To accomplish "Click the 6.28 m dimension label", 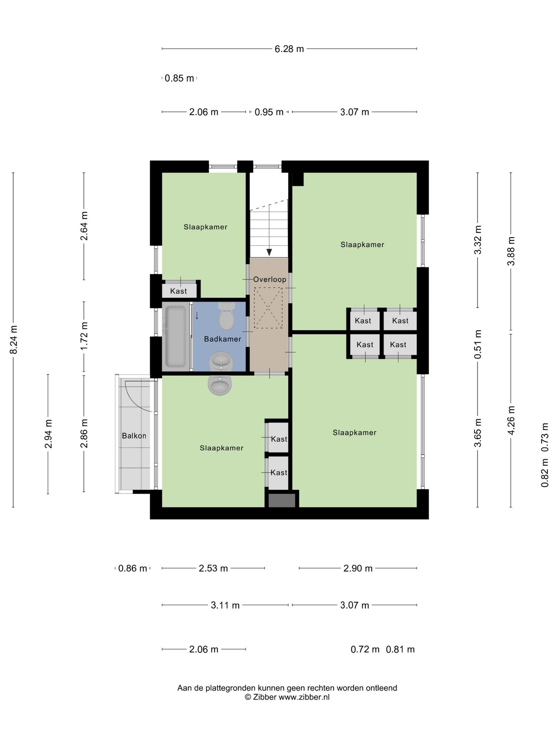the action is tap(289, 49).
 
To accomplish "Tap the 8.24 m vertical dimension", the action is tap(13, 340).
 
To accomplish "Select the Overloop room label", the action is tap(270, 279).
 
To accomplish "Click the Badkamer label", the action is tap(223, 339).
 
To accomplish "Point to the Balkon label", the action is tap(134, 435).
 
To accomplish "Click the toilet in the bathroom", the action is tap(227, 316).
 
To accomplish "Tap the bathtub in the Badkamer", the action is tap(176, 336).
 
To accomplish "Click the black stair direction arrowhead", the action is tap(269, 252).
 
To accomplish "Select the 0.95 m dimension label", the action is tap(269, 112).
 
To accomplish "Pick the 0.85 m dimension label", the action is tap(179, 78).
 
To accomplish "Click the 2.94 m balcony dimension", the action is tap(48, 434).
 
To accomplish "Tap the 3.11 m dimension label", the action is tap(225, 605).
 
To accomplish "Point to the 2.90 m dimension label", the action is tap(358, 568).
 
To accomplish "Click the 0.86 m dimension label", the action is tap(133, 568).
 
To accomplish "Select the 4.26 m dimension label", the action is tap(511, 421).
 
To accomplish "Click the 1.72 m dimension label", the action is tap(84, 336).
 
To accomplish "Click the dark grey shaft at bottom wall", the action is tap(282, 500).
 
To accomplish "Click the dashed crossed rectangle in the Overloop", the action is tap(268, 308).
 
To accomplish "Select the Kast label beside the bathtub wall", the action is tap(179, 291).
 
